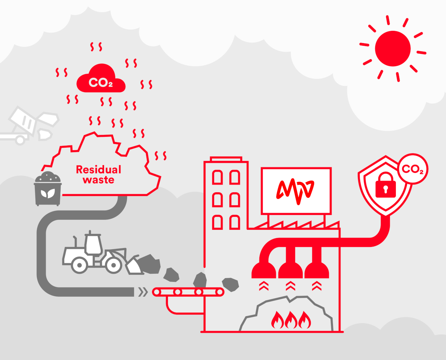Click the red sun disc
392,48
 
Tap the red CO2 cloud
101,78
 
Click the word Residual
98,170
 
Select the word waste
98,180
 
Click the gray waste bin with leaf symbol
48,189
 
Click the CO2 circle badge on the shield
413,169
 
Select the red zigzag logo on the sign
295,191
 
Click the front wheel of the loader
113,265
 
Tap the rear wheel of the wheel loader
80,265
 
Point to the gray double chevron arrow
143,292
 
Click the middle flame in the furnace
291,320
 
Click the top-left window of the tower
217,177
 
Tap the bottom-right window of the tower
235,222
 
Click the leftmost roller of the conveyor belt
157,292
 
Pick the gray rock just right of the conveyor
230,285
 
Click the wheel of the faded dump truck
20,140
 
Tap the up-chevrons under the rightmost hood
317,286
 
